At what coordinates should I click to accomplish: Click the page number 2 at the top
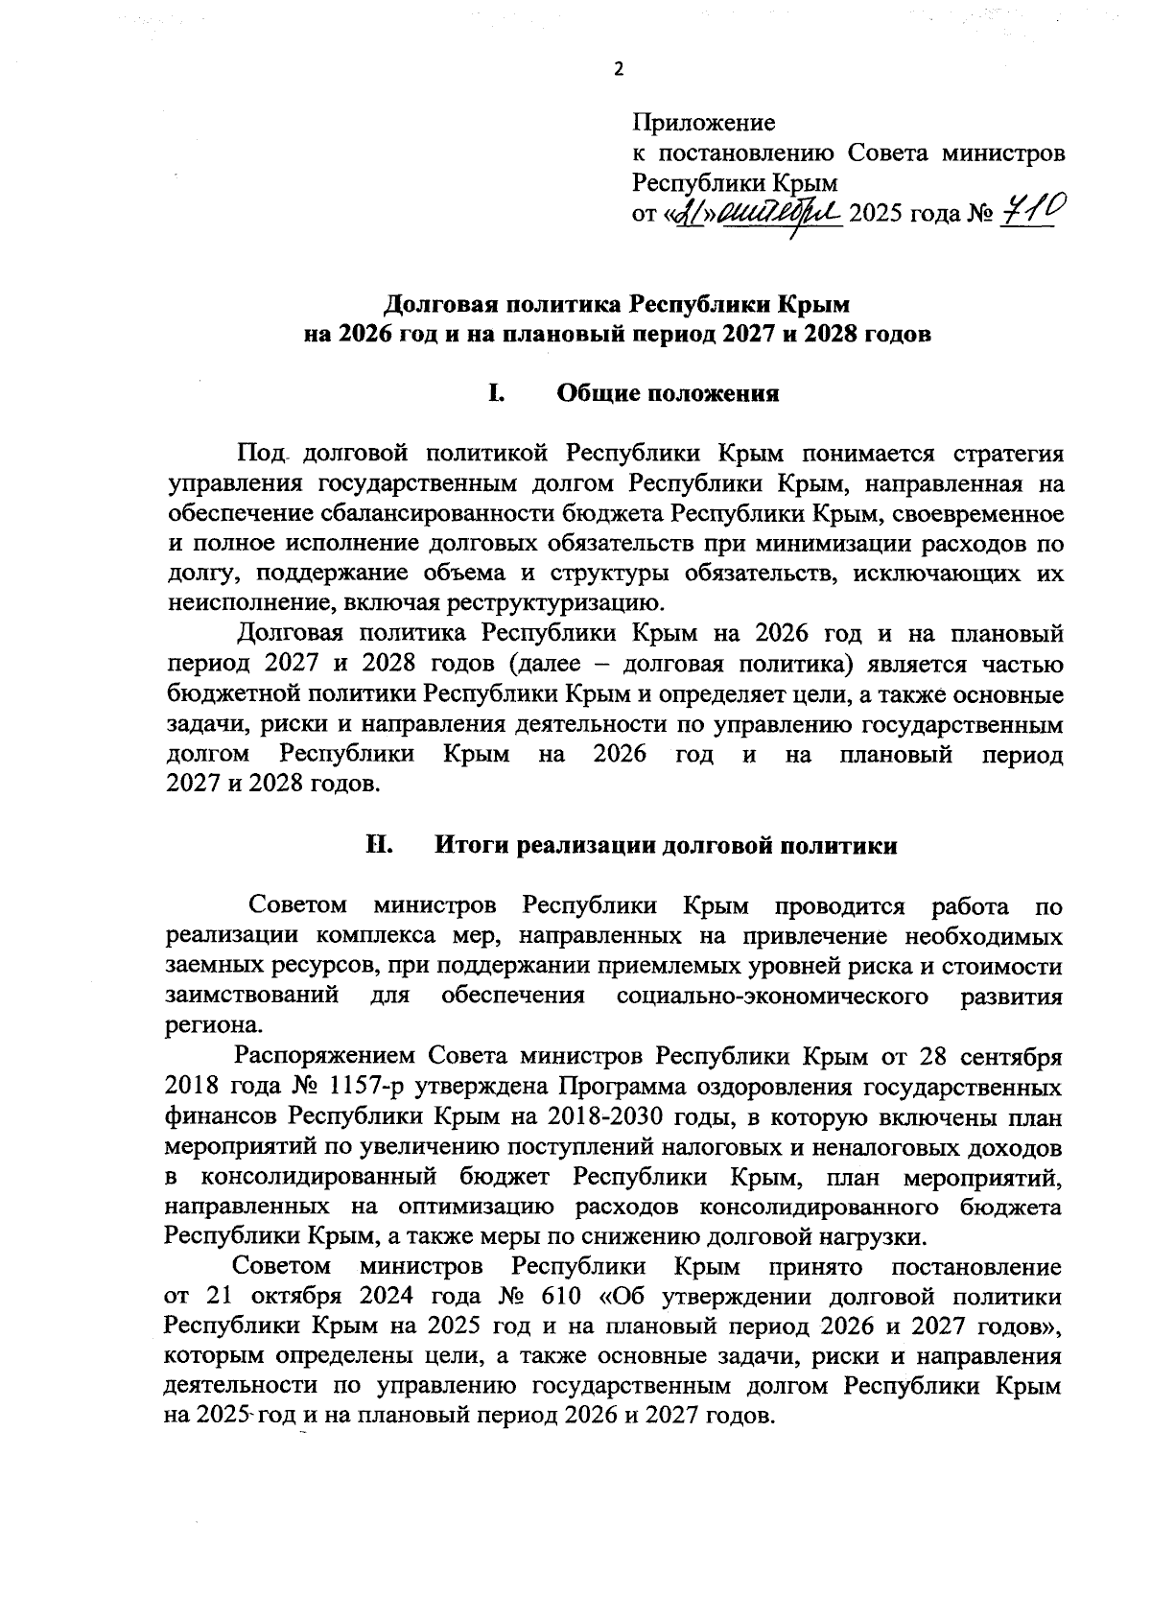(618, 69)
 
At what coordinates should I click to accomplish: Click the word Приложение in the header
(703, 123)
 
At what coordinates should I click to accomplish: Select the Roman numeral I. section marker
(496, 392)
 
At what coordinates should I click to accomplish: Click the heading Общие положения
(668, 393)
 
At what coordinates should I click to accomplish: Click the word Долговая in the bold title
(436, 305)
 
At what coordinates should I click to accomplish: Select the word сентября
(1012, 1057)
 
